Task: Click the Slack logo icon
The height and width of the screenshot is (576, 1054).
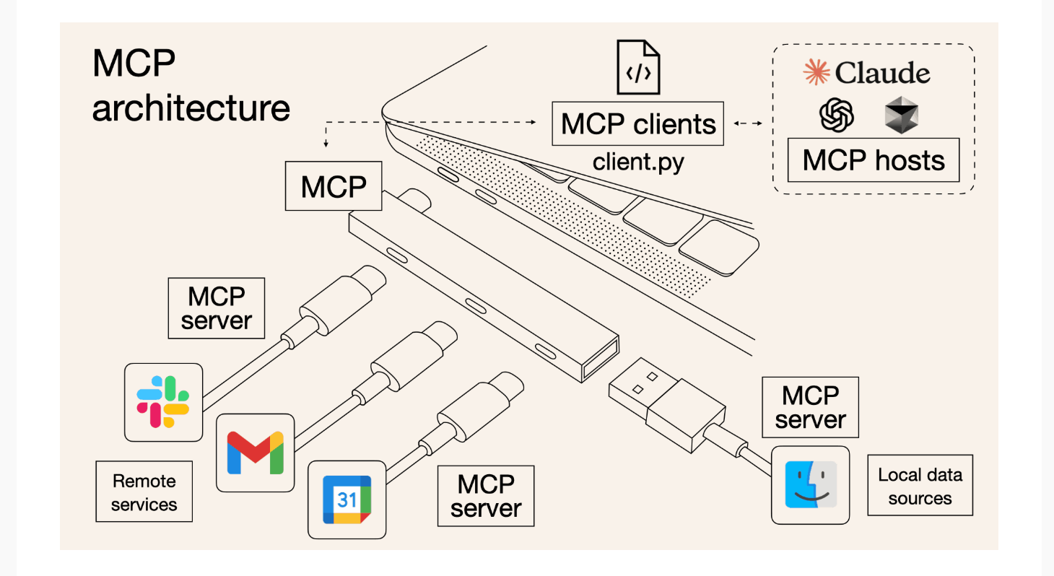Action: point(163,402)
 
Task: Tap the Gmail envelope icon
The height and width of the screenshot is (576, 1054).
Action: point(255,453)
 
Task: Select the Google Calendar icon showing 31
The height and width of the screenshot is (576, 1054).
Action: point(347,499)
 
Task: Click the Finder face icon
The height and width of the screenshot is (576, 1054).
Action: point(810,485)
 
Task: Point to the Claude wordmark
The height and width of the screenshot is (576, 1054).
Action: point(867,73)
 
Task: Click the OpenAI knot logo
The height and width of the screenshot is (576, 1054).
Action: point(837,115)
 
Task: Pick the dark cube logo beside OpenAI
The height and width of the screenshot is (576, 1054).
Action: point(901,115)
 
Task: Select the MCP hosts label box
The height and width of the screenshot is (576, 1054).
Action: point(874,160)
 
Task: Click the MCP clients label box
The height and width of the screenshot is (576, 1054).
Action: point(638,123)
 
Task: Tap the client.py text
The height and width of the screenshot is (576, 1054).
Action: point(638,162)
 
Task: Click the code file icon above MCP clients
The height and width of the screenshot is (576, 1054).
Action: point(638,67)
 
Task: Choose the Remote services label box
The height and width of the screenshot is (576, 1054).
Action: point(144,492)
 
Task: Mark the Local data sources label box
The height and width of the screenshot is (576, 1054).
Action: point(920,485)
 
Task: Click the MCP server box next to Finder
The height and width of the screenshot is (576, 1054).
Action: point(810,407)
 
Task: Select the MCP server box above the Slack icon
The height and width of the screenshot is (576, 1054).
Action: point(216,308)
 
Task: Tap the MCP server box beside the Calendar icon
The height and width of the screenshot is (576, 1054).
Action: point(485,496)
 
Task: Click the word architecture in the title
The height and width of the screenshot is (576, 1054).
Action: point(191,108)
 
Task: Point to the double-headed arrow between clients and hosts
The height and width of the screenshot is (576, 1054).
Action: point(748,123)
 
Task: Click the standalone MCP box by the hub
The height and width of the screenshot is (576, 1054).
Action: point(334,186)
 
